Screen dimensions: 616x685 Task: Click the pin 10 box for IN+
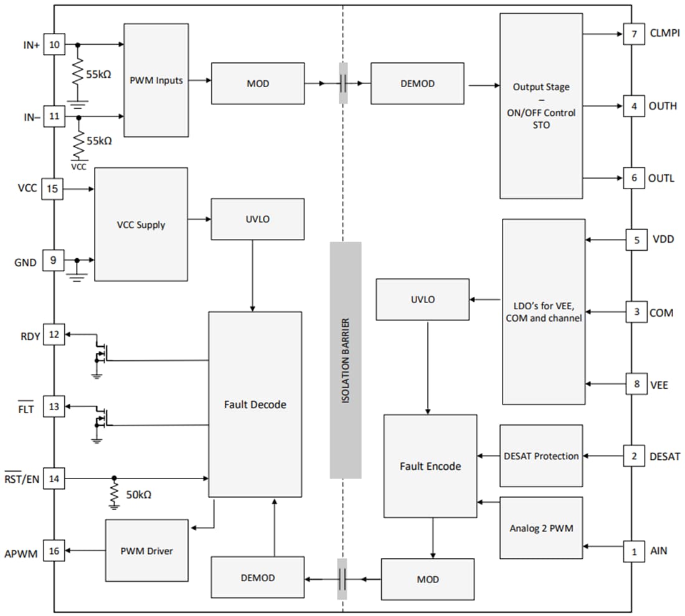tap(54, 45)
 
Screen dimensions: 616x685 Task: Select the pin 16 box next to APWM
tap(54, 551)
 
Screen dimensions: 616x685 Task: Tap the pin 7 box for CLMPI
tap(634, 34)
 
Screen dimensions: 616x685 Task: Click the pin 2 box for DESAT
tap(634, 456)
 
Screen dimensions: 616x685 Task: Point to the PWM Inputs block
tap(156, 80)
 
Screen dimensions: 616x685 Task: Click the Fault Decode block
tap(255, 404)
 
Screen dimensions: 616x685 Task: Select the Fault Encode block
tap(430, 466)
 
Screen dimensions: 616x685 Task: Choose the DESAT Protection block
tap(541, 456)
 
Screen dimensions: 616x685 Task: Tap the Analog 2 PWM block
tap(541, 528)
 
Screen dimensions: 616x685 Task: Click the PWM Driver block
tap(146, 551)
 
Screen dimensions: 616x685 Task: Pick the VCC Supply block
tap(141, 225)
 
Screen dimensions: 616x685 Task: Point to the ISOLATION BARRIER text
tap(346, 361)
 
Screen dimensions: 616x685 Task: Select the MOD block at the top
tap(258, 83)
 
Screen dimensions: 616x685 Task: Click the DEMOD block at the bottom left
tap(258, 578)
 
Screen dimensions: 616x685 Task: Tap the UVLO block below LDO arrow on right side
tap(423, 299)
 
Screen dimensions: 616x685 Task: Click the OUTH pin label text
tap(663, 106)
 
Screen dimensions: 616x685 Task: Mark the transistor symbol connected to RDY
tap(100, 352)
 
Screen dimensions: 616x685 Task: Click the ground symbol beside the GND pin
tap(77, 273)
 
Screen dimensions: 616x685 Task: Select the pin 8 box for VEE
tap(636, 385)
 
